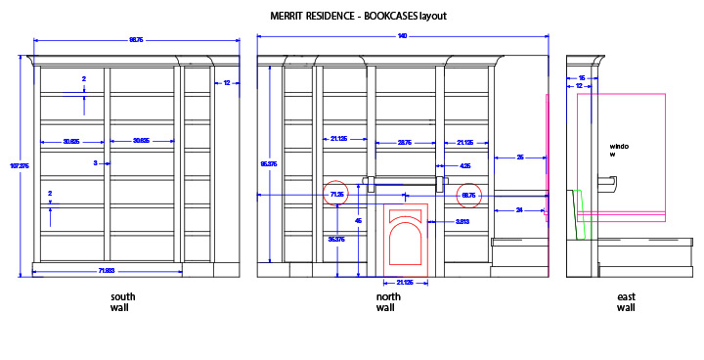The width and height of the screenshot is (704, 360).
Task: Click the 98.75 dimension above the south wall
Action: click(x=136, y=40)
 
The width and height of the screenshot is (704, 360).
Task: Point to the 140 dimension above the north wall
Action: click(x=402, y=37)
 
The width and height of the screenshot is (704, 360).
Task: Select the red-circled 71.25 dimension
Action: click(x=336, y=195)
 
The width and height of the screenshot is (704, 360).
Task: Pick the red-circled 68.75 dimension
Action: click(x=468, y=195)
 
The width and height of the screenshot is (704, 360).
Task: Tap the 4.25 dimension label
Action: click(x=465, y=166)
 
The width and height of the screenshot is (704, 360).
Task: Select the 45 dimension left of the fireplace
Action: click(x=358, y=220)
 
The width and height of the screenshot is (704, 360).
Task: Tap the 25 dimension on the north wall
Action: click(x=519, y=157)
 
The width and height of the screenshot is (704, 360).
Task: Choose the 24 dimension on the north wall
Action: click(x=519, y=209)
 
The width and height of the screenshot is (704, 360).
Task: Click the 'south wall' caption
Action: click(x=123, y=302)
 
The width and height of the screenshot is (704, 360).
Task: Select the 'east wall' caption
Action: click(x=626, y=302)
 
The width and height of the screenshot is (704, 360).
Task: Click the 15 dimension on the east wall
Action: click(x=582, y=77)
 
